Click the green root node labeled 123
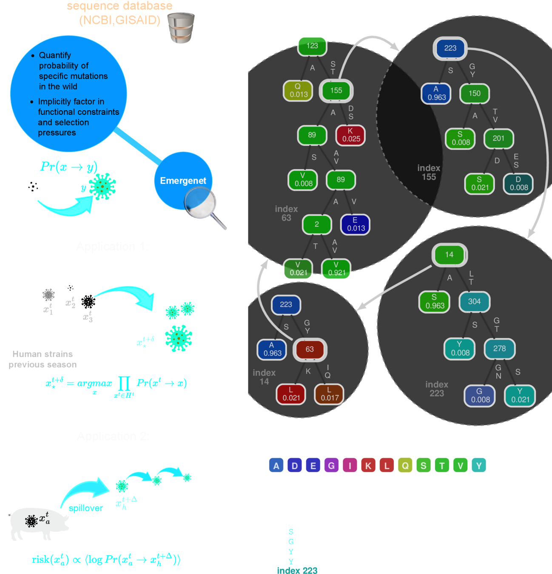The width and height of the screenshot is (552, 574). pyautogui.click(x=312, y=46)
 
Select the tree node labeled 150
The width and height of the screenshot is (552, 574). pyautogui.click(x=475, y=94)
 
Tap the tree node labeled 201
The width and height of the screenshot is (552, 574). pyautogui.click(x=498, y=138)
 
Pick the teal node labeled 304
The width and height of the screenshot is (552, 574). pyautogui.click(x=474, y=301)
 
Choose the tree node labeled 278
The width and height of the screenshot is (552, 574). pyautogui.click(x=499, y=349)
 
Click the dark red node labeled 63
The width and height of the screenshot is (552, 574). pyautogui.click(x=310, y=349)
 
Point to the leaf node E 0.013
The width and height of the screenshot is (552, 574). pyautogui.click(x=356, y=224)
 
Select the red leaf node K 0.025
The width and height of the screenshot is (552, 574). pyautogui.click(x=351, y=135)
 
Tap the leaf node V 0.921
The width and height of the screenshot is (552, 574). pyautogui.click(x=336, y=269)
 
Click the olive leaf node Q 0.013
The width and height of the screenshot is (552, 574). pyautogui.click(x=299, y=91)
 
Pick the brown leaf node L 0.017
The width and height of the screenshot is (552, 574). pyautogui.click(x=330, y=394)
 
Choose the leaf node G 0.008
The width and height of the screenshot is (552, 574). pyautogui.click(x=480, y=395)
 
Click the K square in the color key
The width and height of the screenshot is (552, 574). pyautogui.click(x=368, y=466)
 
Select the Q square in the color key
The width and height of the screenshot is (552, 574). pyautogui.click(x=405, y=466)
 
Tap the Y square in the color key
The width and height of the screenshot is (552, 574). pyautogui.click(x=479, y=466)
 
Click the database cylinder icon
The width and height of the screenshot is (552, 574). pyautogui.click(x=181, y=28)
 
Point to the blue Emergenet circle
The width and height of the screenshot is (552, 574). pyautogui.click(x=183, y=181)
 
